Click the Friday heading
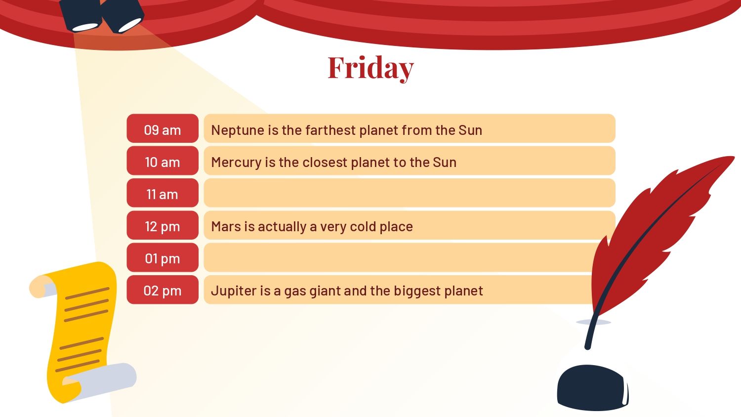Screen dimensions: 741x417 370,68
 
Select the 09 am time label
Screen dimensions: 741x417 163,130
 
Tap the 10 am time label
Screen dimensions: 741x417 163,162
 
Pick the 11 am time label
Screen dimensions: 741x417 163,194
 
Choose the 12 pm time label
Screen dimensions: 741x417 163,227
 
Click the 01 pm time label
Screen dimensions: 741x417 163,258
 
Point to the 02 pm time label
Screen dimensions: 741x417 163,291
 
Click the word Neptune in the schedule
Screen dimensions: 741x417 238,130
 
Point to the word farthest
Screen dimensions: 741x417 330,130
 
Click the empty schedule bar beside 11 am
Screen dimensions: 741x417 409,193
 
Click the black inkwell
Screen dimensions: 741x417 593,387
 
